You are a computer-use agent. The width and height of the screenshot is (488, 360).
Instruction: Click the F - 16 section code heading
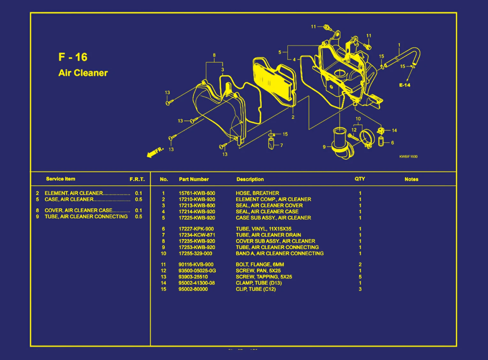[x=73, y=57]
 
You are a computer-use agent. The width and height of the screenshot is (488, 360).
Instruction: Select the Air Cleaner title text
[x=83, y=73]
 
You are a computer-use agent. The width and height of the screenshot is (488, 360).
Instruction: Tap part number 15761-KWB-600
[x=197, y=193]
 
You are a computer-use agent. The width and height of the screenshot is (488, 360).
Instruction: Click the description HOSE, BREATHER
[x=257, y=193]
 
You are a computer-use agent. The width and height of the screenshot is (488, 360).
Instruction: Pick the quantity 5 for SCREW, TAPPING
[x=360, y=277]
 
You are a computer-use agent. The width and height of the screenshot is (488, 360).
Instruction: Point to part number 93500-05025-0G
[x=197, y=271]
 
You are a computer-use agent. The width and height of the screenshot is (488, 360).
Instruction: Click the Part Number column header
[x=194, y=179]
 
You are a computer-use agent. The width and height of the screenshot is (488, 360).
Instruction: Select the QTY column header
[x=360, y=179]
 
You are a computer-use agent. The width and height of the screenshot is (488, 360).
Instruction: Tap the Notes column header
[x=411, y=179]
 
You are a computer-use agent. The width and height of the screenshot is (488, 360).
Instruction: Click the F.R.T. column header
[x=137, y=179]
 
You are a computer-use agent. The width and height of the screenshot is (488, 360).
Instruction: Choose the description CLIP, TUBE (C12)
[x=255, y=289]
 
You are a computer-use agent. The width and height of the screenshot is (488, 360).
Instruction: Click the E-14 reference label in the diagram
[x=405, y=85]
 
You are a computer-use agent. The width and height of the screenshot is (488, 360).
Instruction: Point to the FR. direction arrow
[x=155, y=152]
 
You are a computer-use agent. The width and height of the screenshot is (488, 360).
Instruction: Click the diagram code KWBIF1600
[x=408, y=157]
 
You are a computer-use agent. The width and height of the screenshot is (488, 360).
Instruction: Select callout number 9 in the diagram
[x=324, y=147]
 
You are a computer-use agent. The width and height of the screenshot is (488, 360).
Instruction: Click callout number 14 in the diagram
[x=394, y=130]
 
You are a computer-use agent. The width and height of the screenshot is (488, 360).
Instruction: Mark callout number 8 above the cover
[x=214, y=55]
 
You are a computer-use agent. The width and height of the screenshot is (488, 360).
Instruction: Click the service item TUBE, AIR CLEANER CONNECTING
[x=86, y=217]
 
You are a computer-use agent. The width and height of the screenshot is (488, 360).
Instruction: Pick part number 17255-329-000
[x=195, y=254]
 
